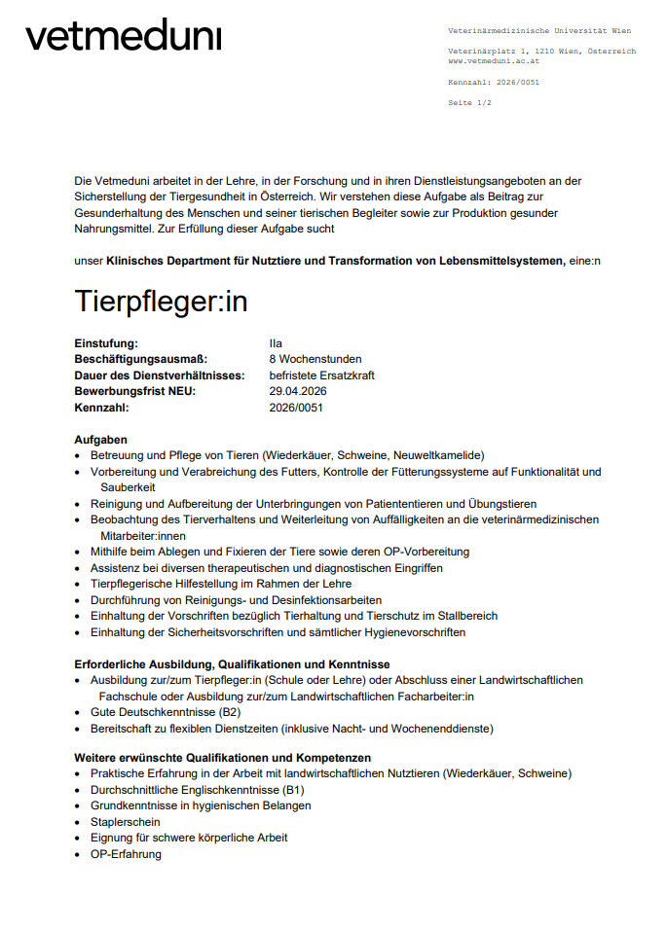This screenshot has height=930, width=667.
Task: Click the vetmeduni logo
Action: (124, 36)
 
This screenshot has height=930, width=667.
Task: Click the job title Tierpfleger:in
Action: (161, 302)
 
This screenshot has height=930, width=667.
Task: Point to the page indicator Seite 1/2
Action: (469, 102)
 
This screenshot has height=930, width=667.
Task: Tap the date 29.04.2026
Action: (298, 391)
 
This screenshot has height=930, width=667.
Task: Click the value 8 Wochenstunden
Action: (315, 359)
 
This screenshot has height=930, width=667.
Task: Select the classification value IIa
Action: (276, 342)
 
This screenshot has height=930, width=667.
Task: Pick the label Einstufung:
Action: (106, 342)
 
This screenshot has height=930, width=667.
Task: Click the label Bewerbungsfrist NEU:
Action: (134, 391)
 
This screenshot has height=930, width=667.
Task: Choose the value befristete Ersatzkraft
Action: (321, 375)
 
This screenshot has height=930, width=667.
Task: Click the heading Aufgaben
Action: (100, 440)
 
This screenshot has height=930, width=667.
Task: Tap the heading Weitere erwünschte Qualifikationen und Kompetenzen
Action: (222, 757)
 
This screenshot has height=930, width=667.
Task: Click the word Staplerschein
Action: (126, 821)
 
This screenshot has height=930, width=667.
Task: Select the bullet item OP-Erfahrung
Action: (126, 854)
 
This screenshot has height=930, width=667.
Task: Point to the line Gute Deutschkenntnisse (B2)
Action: (168, 712)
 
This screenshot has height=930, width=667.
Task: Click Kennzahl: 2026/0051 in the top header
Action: (493, 82)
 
